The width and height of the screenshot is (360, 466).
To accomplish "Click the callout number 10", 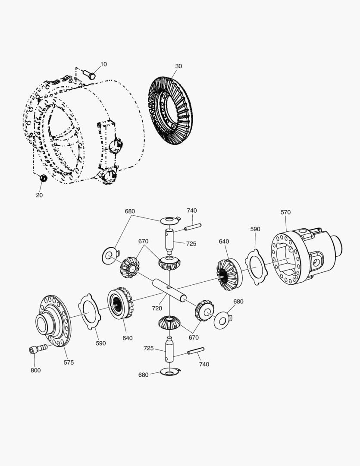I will [103, 64].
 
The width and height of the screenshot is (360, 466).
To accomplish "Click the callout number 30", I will [178, 66].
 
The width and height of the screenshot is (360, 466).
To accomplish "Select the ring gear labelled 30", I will [171, 111].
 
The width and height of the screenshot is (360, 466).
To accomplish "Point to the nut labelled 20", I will [43, 178].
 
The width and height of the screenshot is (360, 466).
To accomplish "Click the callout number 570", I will [285, 212].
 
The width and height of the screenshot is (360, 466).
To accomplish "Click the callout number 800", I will [36, 370].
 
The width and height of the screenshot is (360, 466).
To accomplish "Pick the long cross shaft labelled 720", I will [170, 290].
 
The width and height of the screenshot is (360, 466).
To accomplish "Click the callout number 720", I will [157, 308].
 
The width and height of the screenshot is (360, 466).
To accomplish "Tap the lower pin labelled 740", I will [195, 352].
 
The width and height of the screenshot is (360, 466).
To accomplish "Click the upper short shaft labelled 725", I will [169, 241].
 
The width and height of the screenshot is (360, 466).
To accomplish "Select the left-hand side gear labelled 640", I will [120, 303].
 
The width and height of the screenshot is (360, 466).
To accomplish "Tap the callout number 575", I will [69, 362].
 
